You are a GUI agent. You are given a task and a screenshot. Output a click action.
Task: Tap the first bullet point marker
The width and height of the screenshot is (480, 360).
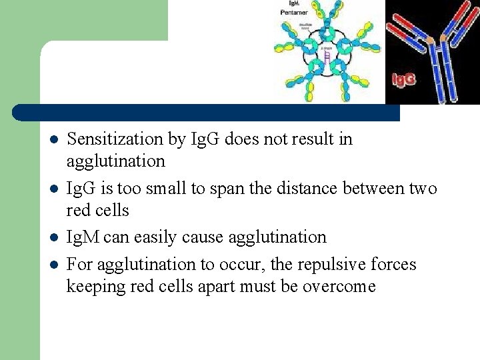(53, 140)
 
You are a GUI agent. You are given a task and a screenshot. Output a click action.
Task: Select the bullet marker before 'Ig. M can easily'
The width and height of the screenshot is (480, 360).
(53, 238)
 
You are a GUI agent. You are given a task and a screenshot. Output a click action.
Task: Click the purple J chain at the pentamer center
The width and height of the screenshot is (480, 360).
(327, 56)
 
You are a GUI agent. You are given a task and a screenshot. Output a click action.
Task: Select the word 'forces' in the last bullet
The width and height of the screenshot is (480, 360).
(397, 265)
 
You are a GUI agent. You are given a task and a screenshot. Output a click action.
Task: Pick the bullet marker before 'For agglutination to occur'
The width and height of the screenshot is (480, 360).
(53, 265)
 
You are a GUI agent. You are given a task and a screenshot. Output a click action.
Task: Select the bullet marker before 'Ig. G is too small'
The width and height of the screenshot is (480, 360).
(53, 189)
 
